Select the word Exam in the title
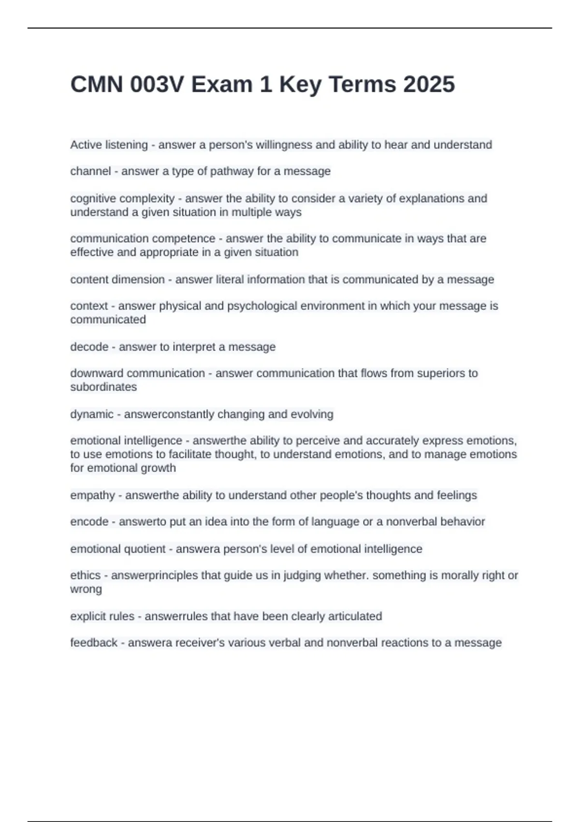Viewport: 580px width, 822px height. [221, 85]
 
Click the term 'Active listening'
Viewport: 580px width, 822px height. [109, 145]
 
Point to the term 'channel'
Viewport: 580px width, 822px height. [90, 171]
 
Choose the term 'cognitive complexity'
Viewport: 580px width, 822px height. [122, 198]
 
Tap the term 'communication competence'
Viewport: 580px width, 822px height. [143, 238]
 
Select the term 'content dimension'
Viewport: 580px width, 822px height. [117, 279]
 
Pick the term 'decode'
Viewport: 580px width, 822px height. [89, 347]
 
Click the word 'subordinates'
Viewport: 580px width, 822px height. [103, 387]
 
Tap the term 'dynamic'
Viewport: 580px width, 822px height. [92, 414]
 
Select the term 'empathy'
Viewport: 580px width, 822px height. [93, 495]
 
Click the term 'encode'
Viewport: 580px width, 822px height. [89, 522]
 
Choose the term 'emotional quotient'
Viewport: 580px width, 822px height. [118, 549]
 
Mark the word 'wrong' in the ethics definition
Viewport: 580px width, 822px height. [86, 589]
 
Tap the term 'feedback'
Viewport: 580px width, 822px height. [94, 643]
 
